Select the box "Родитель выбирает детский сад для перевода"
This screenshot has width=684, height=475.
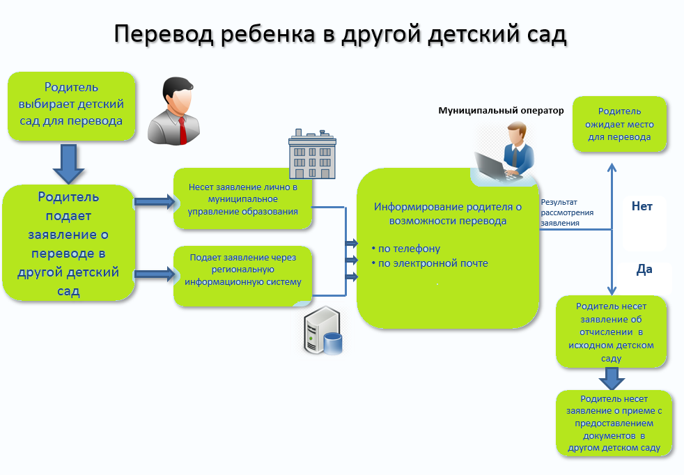pos(72,106)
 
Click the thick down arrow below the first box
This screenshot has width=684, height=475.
pos(68,164)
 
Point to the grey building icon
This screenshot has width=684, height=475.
pos(312,154)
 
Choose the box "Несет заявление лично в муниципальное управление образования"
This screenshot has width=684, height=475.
pos(242,199)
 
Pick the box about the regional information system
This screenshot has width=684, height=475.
pos(242,276)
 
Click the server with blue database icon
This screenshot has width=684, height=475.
pos(323,330)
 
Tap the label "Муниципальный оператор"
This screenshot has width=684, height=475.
pos(501,111)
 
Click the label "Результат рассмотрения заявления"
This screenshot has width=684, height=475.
pos(567,212)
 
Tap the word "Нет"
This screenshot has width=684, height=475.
pos(642,206)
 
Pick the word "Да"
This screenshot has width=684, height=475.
pos(644,269)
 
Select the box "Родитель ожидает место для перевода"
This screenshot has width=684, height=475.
pos(619,124)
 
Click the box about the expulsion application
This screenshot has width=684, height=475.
pos(611,332)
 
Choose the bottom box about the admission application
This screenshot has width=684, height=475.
pos(614,423)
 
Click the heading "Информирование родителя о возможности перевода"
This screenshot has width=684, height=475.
pos(448,214)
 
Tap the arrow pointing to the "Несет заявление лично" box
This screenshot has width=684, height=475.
pos(155,201)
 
